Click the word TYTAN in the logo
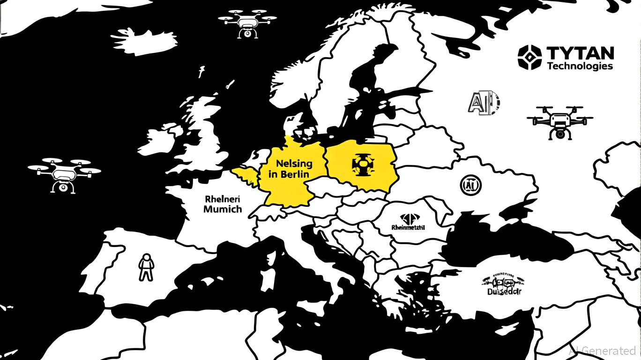point(580,52)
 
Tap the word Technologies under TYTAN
point(580,66)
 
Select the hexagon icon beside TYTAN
point(529,57)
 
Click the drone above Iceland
point(247,22)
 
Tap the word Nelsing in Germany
point(294,164)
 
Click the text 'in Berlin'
point(289,174)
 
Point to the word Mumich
point(223,209)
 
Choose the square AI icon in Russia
point(484,102)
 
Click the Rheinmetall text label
point(408,228)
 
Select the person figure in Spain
point(146,267)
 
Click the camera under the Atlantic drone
point(61,187)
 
